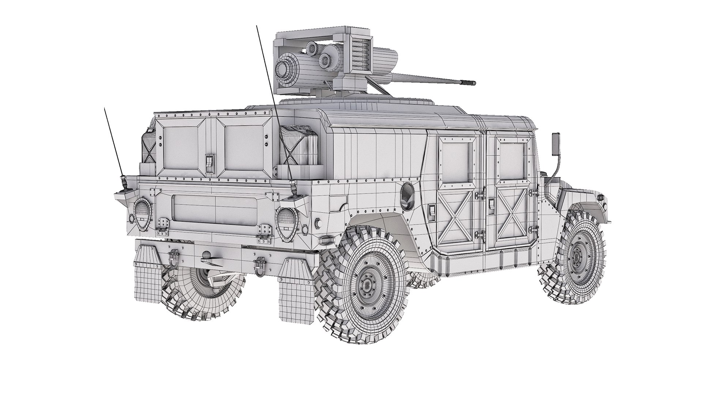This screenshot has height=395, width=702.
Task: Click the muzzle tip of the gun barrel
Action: click(474, 83)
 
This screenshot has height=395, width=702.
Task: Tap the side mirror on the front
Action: click(555, 141)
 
